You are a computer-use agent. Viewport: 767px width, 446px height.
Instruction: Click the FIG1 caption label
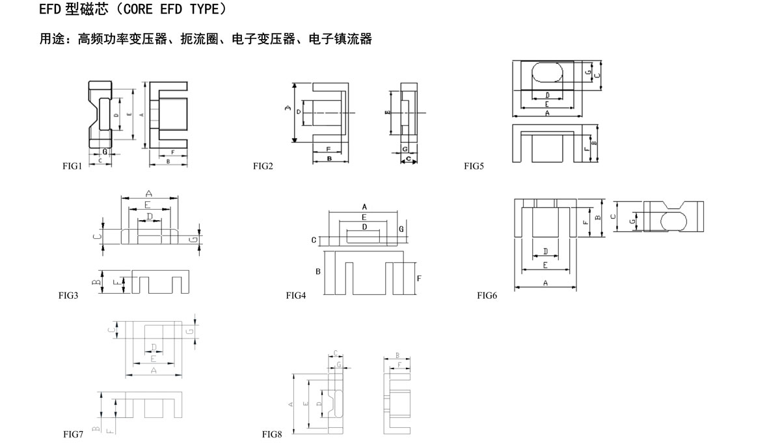72,166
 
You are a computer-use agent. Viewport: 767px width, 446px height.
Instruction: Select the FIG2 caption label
263,166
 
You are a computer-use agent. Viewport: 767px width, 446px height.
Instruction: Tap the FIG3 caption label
68,295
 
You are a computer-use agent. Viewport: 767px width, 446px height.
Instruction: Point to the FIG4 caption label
296,295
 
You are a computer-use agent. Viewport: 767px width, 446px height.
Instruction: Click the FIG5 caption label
474,166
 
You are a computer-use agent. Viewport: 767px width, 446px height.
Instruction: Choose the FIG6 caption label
487,295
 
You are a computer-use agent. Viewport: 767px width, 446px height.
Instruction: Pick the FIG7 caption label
73,434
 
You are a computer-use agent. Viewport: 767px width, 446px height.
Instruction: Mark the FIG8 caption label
272,434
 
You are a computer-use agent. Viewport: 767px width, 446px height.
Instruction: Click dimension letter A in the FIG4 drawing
364,206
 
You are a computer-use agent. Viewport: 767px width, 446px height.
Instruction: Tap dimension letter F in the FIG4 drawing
418,278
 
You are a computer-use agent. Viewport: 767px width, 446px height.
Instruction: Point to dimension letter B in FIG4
318,271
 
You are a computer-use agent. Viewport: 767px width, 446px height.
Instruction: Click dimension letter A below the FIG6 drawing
545,283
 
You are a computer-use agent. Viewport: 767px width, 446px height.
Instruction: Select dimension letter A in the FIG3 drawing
149,193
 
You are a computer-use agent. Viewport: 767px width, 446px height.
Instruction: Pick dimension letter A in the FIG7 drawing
154,370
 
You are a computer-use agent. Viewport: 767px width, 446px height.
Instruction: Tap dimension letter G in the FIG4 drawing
401,229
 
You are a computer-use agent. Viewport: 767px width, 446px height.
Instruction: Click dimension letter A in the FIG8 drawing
290,404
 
